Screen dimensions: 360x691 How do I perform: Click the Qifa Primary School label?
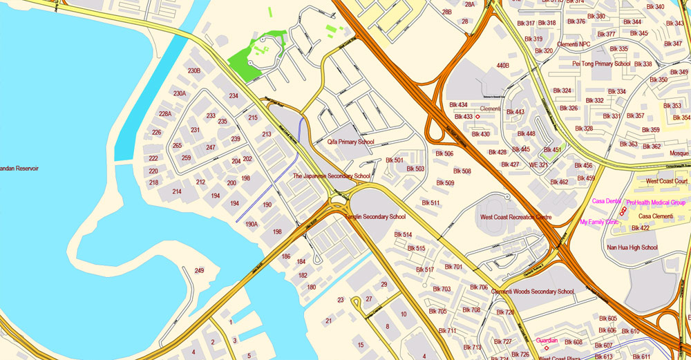point(350,142)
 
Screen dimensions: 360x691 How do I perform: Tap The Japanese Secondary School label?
point(331,176)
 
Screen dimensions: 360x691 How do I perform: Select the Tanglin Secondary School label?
point(375,217)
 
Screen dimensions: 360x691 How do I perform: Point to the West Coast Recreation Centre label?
point(515,218)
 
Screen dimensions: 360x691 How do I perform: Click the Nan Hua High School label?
point(632,247)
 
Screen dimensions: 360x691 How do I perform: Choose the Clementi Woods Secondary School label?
point(532,292)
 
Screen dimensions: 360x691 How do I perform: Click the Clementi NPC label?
point(574,45)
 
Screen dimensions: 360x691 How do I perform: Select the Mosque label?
point(679,153)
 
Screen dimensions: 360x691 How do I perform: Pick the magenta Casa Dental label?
point(607,201)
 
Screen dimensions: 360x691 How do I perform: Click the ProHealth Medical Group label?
point(656,202)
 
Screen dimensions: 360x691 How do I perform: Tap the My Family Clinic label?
point(599,222)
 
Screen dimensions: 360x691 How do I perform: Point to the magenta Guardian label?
point(547,340)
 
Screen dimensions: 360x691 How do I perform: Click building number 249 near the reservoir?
point(199,270)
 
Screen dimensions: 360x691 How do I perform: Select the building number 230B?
point(194,70)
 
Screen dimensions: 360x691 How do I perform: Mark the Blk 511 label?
point(430,202)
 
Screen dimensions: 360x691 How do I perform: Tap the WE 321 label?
point(538,165)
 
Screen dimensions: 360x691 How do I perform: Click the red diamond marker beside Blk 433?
point(477,117)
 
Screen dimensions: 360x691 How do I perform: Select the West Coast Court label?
point(666,182)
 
